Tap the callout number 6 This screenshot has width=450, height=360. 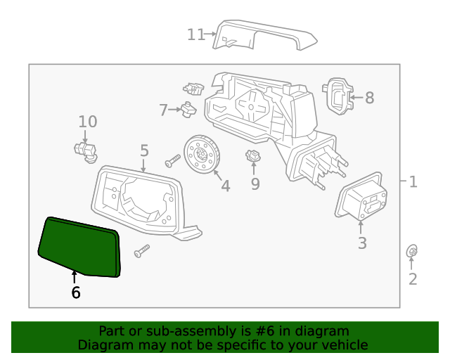tap(75, 292)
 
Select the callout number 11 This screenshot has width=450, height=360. tap(195, 34)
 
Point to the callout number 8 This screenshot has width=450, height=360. tap(369, 98)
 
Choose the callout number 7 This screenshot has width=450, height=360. tap(163, 110)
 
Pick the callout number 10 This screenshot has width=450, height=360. tap(88, 122)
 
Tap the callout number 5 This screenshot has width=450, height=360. tap(144, 150)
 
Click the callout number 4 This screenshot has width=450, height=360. tap(225, 186)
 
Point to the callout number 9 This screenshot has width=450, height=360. tap(255, 184)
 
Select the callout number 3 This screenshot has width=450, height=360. tap(362, 244)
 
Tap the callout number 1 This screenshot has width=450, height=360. tap(413, 182)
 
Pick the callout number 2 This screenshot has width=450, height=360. tap(413, 279)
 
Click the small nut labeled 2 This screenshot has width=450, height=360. tap(413, 251)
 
